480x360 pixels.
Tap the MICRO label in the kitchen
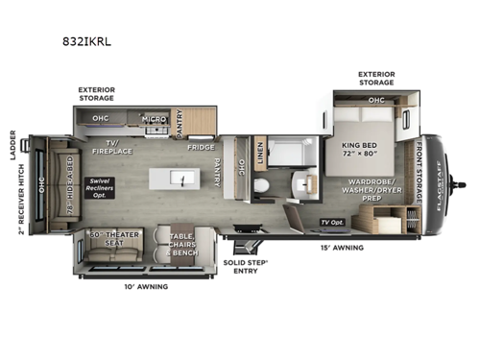156,120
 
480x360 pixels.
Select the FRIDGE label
201,148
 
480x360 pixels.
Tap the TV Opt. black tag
332,223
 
